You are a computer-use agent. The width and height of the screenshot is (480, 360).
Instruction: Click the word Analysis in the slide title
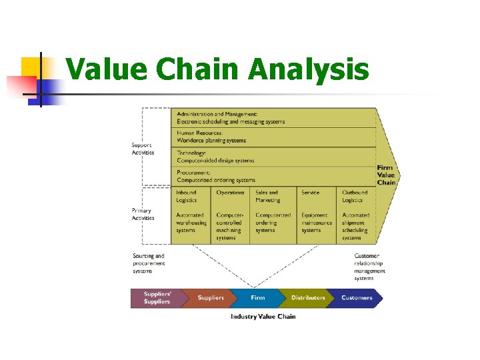click(x=309, y=69)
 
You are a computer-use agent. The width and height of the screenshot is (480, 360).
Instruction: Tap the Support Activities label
click(x=143, y=149)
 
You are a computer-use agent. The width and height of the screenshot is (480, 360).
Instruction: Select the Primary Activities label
click(x=143, y=215)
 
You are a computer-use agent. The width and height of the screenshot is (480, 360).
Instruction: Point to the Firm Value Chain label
click(x=386, y=175)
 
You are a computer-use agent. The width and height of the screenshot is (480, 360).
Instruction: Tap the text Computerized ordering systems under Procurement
click(x=216, y=180)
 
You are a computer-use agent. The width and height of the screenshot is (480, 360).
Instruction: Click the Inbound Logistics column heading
click(x=187, y=196)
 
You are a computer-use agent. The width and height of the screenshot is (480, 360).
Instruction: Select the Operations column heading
click(x=230, y=193)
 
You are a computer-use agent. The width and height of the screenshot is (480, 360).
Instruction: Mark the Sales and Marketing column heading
click(x=268, y=196)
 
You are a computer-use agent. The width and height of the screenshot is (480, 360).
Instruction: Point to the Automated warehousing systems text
click(x=191, y=223)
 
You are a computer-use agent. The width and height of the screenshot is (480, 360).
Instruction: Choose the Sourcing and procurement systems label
click(x=149, y=263)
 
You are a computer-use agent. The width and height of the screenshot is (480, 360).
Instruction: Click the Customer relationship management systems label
click(x=369, y=267)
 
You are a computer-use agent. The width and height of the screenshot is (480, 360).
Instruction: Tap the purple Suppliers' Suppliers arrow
click(x=156, y=297)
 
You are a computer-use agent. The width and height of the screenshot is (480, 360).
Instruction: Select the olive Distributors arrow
click(x=308, y=297)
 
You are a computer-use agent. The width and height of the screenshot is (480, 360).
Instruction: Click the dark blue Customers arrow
click(x=357, y=297)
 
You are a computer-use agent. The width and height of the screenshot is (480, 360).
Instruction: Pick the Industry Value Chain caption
click(x=263, y=316)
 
